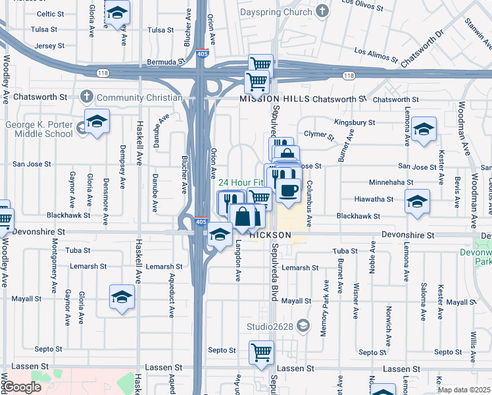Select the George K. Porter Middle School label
[x=39, y=129]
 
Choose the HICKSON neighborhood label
[x=271, y=235]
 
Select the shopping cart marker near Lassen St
[x=261, y=352]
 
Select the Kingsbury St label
[x=354, y=122]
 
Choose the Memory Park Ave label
[x=324, y=317]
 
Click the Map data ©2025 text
[x=464, y=390]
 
